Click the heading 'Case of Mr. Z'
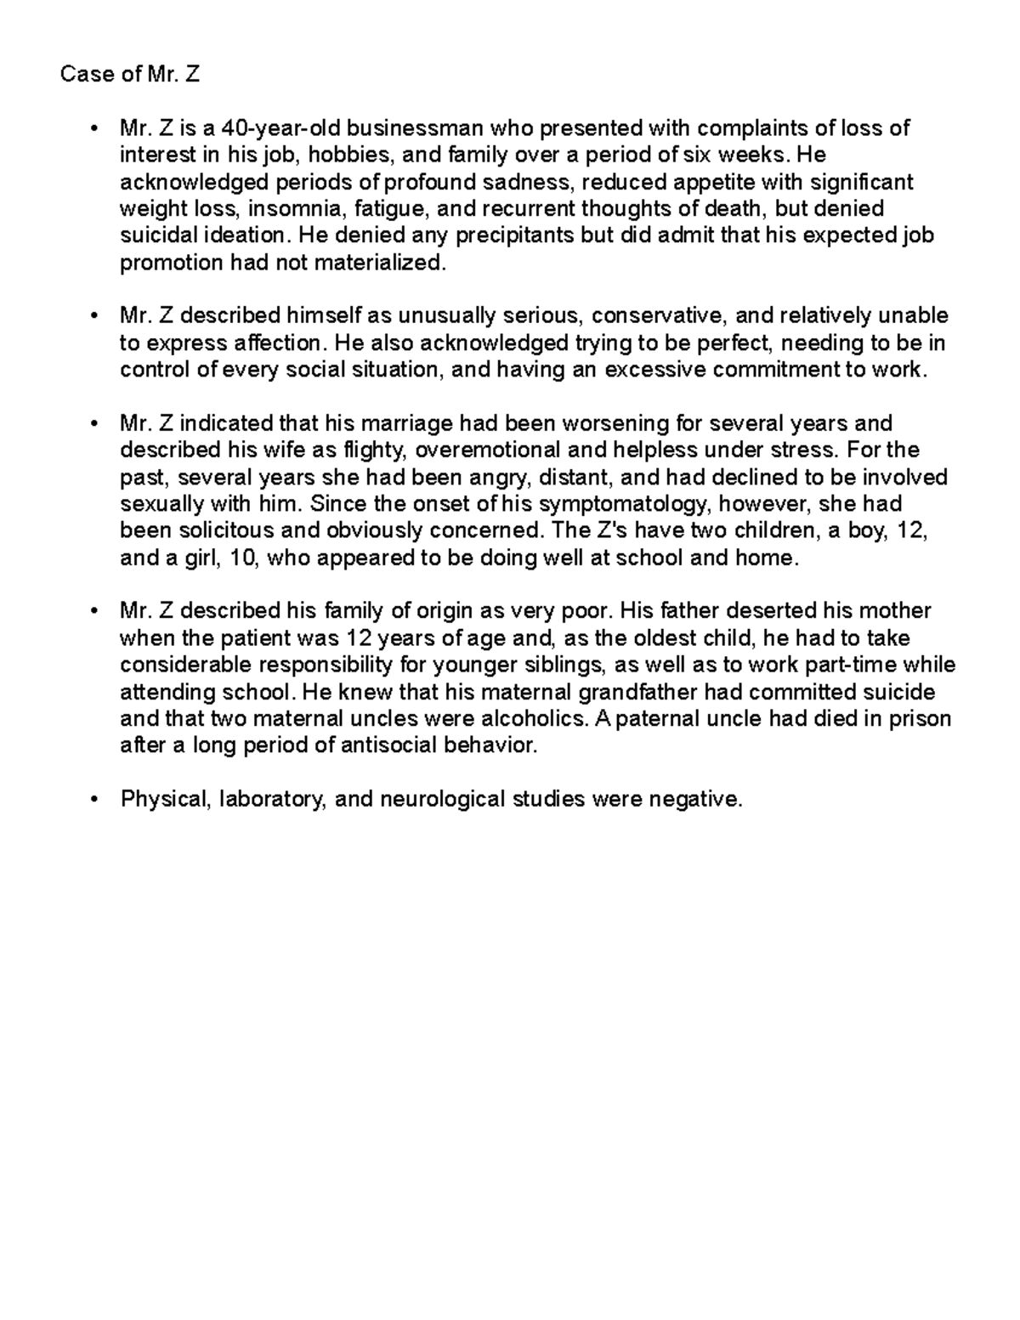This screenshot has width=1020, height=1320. coord(130,75)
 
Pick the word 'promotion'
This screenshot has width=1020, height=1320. coord(171,263)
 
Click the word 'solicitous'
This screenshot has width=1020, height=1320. coord(208,530)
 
